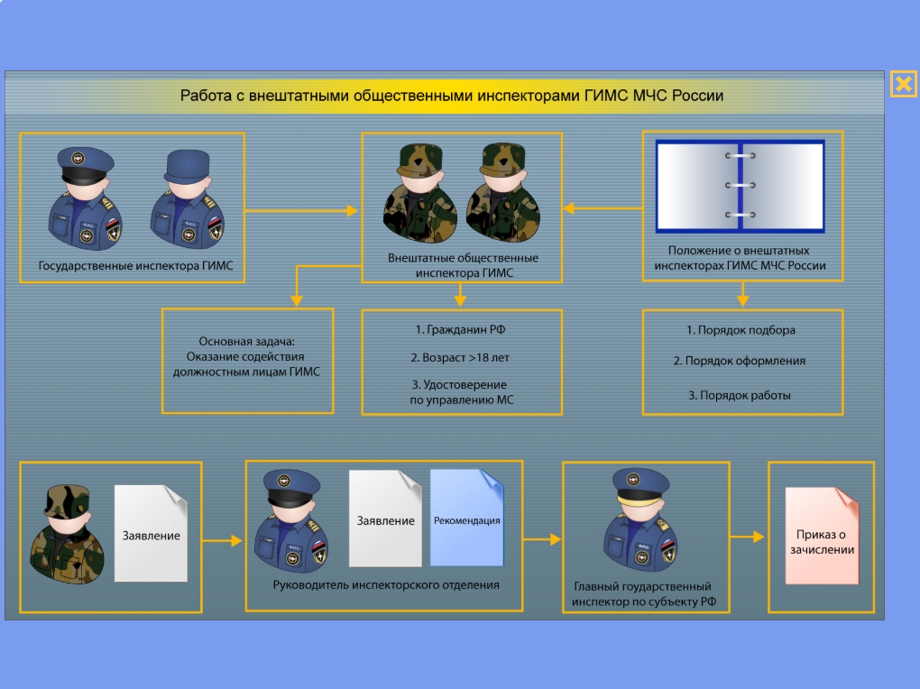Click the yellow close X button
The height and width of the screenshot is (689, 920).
[x=903, y=84]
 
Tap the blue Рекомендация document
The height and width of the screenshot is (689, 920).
[x=467, y=518]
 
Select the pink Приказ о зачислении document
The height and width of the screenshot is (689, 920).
[x=822, y=536]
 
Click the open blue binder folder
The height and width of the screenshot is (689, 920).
[x=740, y=186]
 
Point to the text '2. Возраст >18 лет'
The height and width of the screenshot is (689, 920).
[x=460, y=357]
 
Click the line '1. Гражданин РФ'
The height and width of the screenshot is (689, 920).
[x=461, y=330]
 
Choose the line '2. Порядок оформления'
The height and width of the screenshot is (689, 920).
[x=740, y=361]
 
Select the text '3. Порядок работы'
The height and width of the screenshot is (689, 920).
[x=740, y=396]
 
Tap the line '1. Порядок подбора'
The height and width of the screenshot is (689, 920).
[x=741, y=330]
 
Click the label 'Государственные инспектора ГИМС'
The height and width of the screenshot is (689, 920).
[x=135, y=266]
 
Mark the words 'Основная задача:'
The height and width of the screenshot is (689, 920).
[x=246, y=342]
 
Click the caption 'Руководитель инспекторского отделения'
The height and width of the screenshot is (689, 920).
[x=386, y=585]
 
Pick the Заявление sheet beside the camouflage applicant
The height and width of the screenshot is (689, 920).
[x=151, y=534]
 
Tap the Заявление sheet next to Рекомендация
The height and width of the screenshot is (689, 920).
[x=385, y=519]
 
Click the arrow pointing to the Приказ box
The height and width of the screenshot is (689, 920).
[x=747, y=537]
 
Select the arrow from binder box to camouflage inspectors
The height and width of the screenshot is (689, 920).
[x=603, y=207]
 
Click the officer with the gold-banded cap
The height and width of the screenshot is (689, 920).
[x=640, y=520]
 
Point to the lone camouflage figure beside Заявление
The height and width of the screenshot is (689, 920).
[x=67, y=534]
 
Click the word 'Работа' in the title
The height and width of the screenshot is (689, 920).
[x=206, y=96]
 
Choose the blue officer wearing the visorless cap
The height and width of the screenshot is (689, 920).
[x=188, y=198]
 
